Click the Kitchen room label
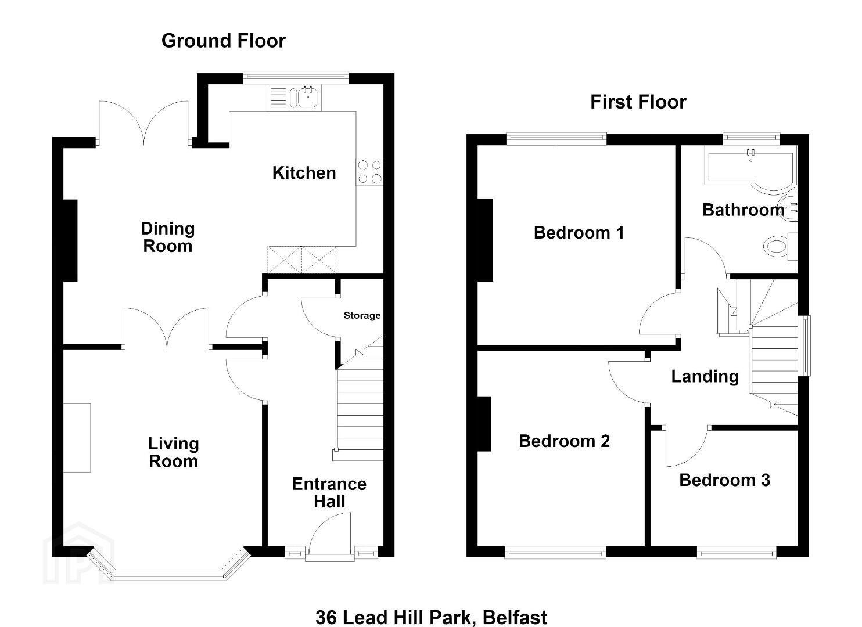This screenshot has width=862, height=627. click(304, 173)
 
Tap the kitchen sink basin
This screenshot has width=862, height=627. click(308, 98)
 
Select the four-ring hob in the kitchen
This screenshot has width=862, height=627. click(370, 172)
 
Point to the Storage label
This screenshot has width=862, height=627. click(362, 315)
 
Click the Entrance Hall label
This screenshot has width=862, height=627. click(329, 493)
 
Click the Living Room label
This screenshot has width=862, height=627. click(174, 452)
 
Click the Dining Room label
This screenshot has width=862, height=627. click(168, 237)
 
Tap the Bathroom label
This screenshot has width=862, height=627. click(743, 210)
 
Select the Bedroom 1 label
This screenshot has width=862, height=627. click(579, 233)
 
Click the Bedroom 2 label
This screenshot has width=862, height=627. click(564, 441)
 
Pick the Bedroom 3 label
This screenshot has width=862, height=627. click(724, 480)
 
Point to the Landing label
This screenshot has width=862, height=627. click(705, 377)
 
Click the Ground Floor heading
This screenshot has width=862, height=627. click(223, 41)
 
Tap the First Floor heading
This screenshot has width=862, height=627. click(638, 102)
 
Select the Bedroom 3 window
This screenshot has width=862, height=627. click(736, 553)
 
